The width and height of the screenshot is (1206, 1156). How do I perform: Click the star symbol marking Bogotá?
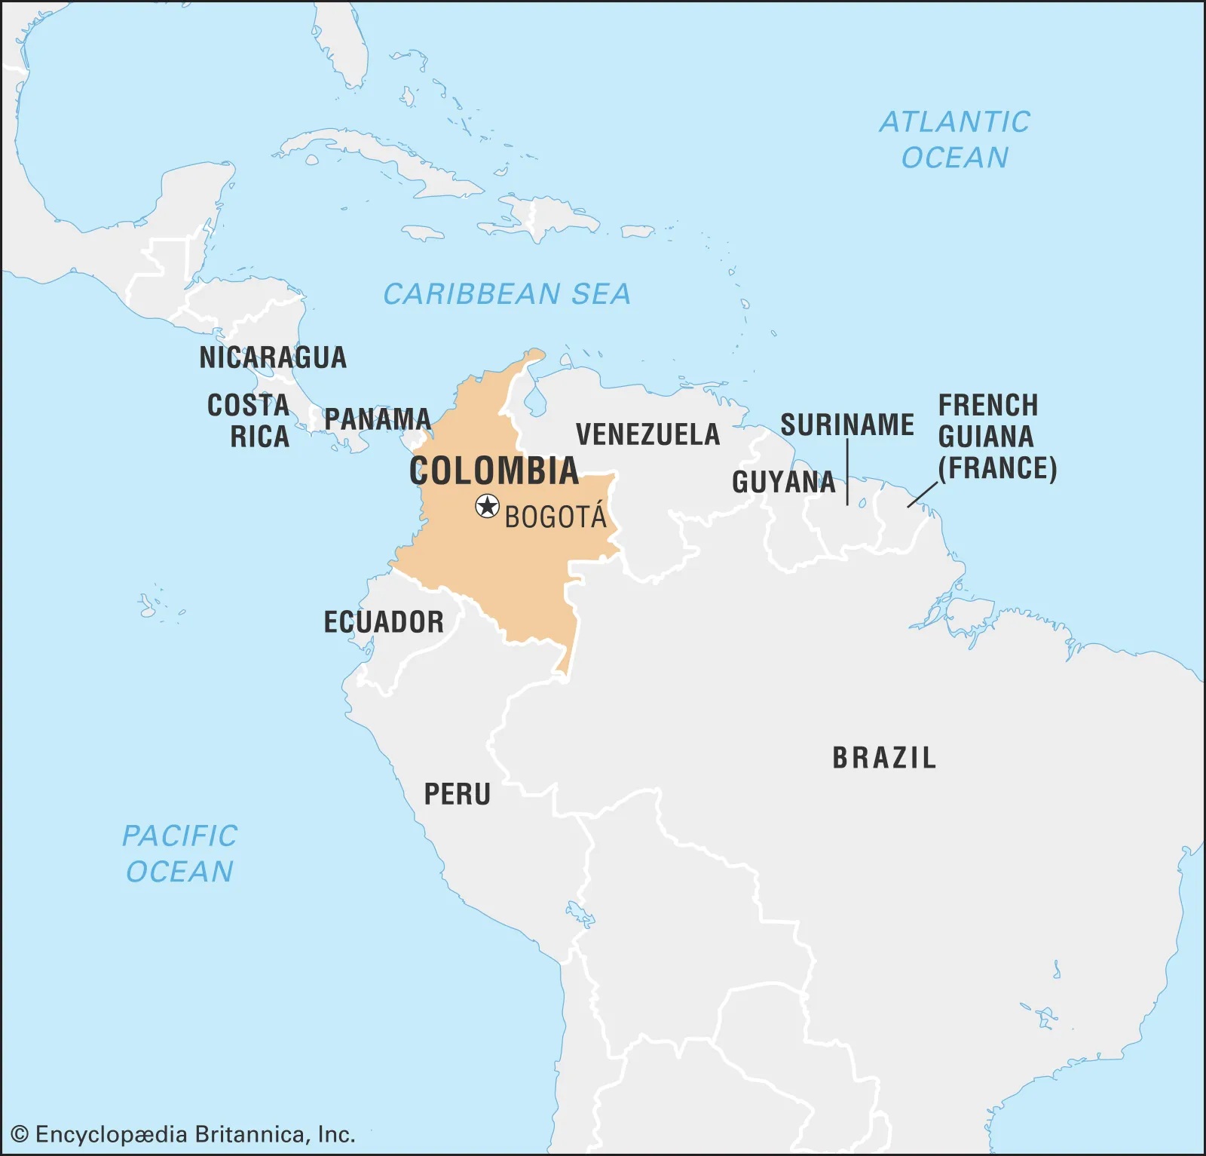[488, 506]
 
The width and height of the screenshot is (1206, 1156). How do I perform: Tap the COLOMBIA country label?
[494, 471]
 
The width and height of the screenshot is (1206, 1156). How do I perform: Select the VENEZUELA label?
[647, 434]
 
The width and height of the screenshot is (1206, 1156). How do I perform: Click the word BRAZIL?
[884, 758]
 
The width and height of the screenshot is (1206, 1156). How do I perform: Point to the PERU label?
[457, 794]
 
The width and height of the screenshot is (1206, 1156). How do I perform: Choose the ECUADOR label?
[384, 622]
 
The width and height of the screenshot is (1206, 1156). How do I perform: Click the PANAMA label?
[377, 419]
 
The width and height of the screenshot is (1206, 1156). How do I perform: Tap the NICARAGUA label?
[273, 357]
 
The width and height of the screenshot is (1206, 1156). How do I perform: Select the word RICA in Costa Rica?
[259, 437]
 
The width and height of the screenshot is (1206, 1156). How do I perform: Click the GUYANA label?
[783, 482]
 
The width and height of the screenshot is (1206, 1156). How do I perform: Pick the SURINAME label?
[846, 425]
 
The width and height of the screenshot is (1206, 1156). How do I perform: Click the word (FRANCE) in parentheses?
[997, 468]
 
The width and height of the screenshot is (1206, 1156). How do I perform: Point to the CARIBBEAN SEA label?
[507, 294]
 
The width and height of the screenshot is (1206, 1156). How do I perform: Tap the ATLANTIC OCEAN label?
[954, 140]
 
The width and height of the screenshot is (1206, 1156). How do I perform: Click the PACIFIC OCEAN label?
[179, 854]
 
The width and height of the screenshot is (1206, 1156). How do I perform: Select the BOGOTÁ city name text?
[556, 517]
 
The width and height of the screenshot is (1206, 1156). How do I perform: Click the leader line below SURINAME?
[848, 472]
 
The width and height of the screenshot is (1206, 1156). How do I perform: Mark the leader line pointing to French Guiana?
[923, 494]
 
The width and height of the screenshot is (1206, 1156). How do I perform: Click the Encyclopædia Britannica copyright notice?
[183, 1134]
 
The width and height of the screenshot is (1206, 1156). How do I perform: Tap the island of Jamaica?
[423, 233]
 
